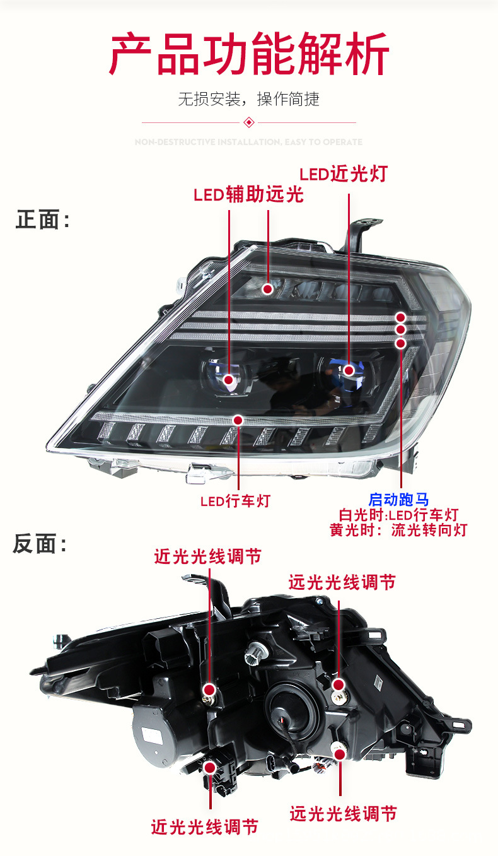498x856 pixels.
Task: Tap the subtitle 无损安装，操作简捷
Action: (x=248, y=99)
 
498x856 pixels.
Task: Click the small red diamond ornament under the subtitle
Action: (x=248, y=122)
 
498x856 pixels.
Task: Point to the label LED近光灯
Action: (x=343, y=174)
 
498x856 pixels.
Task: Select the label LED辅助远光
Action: (x=248, y=194)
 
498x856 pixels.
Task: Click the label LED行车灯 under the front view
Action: (x=235, y=501)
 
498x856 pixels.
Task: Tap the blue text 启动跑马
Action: (x=398, y=500)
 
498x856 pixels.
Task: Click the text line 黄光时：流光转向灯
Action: (x=398, y=530)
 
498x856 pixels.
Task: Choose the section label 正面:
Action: (x=43, y=220)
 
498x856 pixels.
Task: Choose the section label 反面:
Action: (x=40, y=544)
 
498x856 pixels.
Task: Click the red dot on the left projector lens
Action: (x=229, y=380)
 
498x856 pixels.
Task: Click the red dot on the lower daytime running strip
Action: (x=238, y=420)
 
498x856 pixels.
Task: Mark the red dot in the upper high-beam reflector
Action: (x=267, y=289)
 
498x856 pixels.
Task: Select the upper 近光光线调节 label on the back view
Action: (x=207, y=556)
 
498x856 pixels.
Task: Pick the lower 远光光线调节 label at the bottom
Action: (x=343, y=814)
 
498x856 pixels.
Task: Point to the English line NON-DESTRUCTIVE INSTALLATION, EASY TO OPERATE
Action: (x=248, y=142)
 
